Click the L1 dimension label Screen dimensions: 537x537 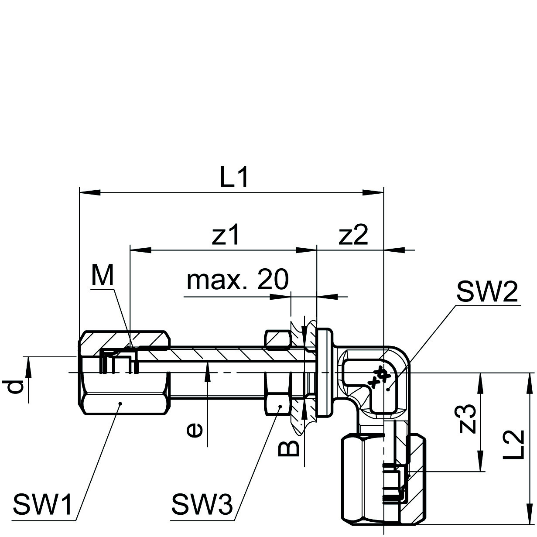click(x=234, y=178)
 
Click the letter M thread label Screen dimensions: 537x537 click(x=102, y=276)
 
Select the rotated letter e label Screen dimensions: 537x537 click(x=194, y=431)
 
